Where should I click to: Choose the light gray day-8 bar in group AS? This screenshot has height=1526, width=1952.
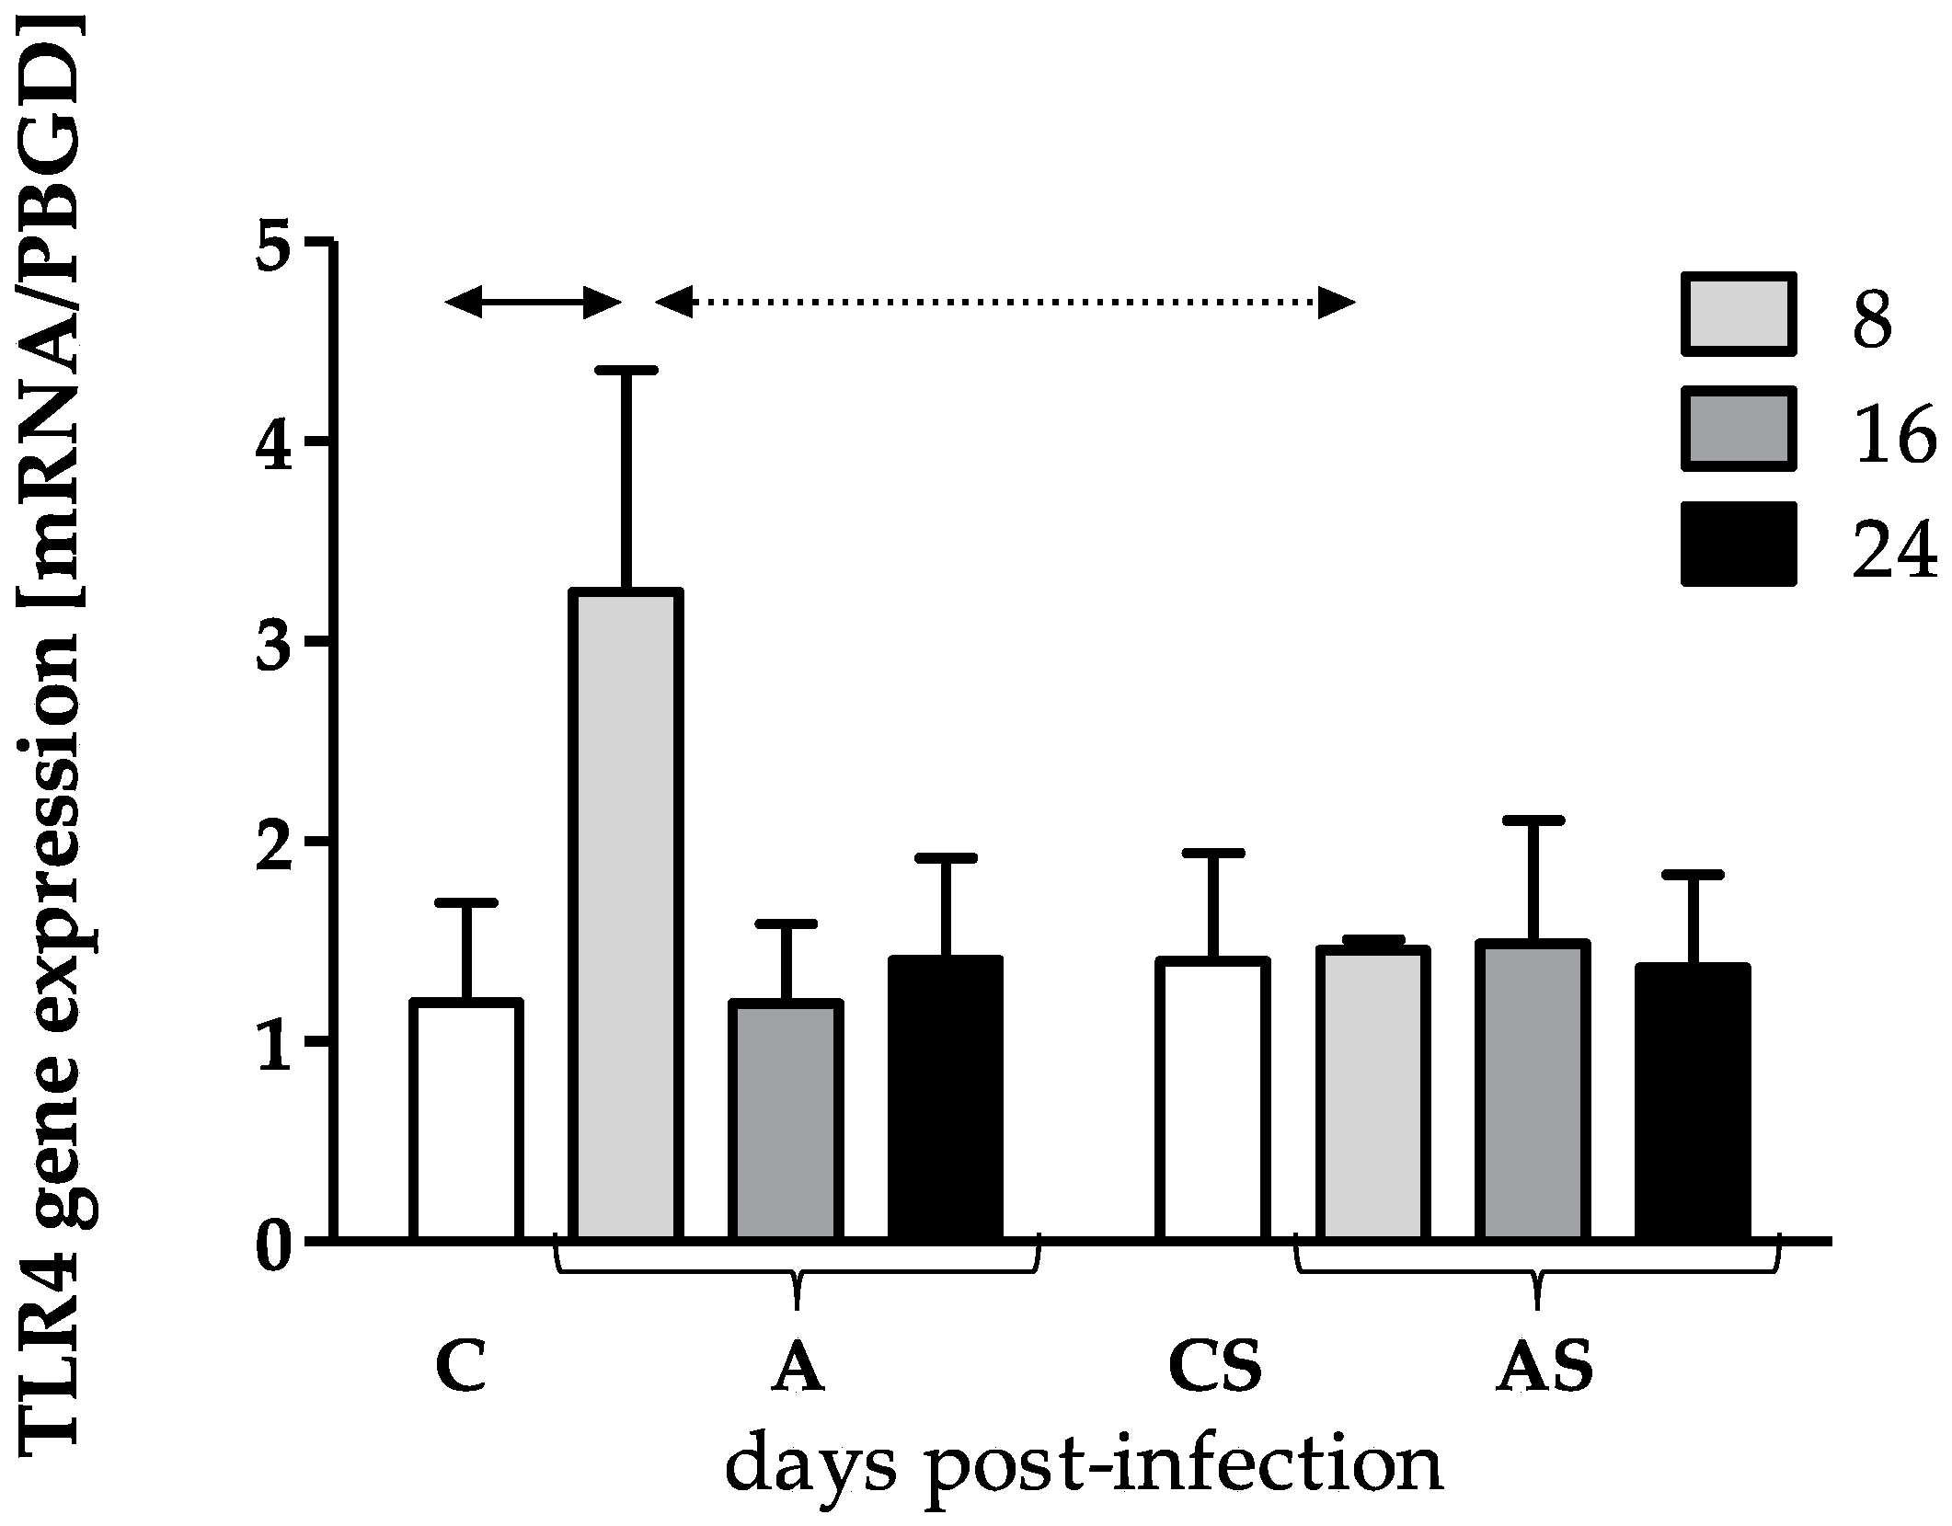1372,1094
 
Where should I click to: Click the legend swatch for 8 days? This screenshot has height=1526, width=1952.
1738,326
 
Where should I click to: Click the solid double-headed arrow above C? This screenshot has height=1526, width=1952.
534,301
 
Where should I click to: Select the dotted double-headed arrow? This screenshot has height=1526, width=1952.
1005,301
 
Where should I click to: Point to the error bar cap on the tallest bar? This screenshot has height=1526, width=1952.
626,370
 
